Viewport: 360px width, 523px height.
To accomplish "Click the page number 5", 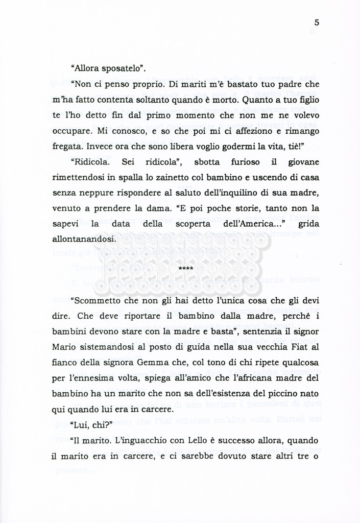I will pyautogui.click(x=317, y=22).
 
